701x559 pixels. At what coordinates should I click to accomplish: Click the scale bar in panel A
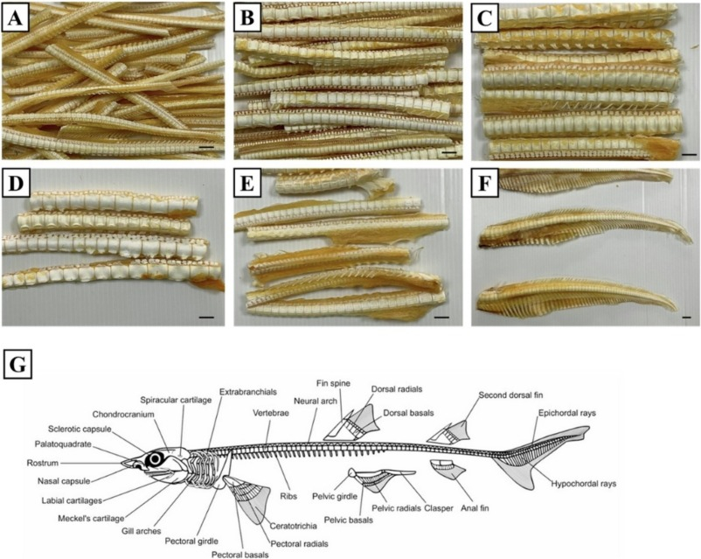click(x=205, y=148)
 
